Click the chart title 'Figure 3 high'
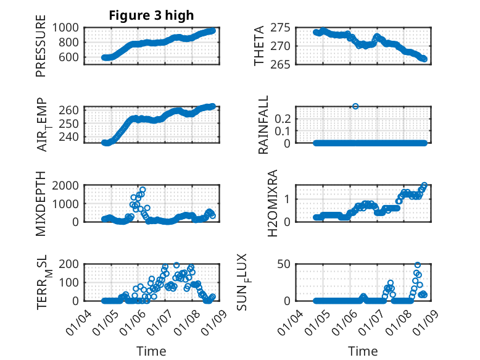(151, 15)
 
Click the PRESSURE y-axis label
(41, 49)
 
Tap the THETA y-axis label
(259, 45)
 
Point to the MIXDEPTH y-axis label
(41, 203)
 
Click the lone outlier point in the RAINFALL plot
(355, 106)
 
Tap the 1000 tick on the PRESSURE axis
(66, 28)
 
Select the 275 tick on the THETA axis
(281, 28)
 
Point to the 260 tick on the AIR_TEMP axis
(70, 110)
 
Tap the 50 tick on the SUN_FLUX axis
(284, 265)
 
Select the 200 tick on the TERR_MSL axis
(70, 265)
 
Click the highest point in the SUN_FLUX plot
(418, 266)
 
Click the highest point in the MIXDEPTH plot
(143, 190)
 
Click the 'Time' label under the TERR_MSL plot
(151, 351)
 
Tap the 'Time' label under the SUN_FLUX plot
(363, 351)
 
